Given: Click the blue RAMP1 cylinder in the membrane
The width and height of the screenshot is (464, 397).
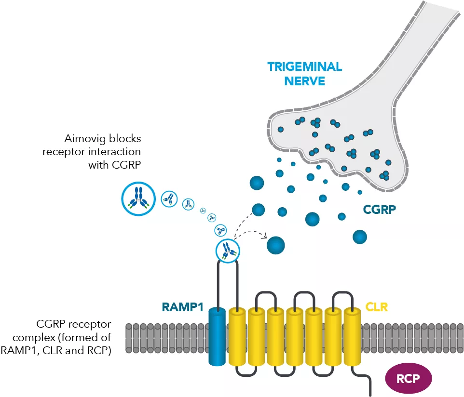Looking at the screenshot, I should (x=217, y=337).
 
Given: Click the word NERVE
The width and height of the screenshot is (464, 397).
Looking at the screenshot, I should (x=304, y=80).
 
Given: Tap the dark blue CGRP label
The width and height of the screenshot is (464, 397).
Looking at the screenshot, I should (x=380, y=210).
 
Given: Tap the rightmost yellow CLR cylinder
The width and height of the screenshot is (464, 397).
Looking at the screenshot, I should (x=352, y=337).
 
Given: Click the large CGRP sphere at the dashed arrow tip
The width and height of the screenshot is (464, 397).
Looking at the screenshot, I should (x=275, y=245).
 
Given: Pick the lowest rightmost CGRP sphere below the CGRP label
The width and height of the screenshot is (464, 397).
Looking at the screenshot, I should (x=359, y=237).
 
